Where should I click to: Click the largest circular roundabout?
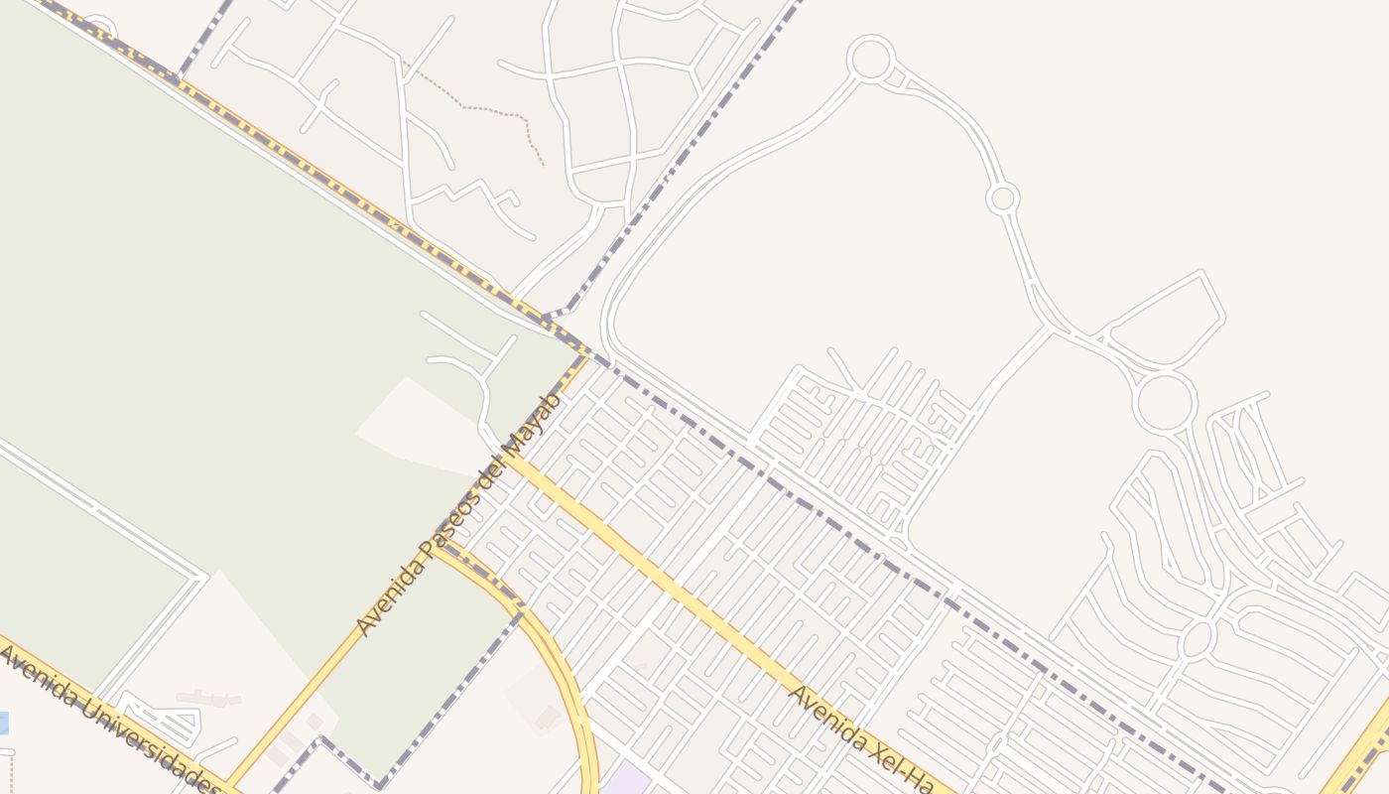1165,403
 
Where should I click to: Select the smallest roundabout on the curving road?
1003,198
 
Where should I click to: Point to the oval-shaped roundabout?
1199,638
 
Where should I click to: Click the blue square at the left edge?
3,723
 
